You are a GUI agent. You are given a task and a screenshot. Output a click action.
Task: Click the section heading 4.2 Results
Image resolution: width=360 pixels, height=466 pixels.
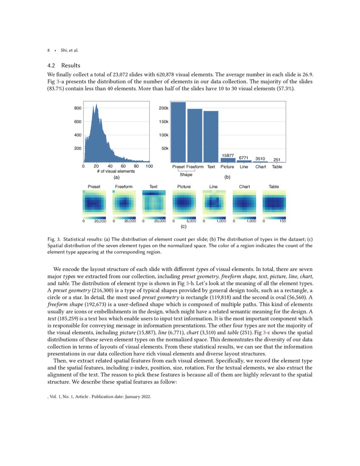tap(64, 66)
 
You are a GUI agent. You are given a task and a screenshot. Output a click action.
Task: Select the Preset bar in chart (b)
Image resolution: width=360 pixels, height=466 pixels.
tap(178, 132)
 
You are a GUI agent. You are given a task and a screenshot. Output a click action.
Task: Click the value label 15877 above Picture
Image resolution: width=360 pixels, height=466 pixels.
tap(227, 155)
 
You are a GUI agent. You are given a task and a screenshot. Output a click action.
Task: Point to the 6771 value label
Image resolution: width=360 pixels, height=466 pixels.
tap(244, 157)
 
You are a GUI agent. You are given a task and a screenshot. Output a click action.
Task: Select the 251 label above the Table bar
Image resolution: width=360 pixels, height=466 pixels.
tap(277, 160)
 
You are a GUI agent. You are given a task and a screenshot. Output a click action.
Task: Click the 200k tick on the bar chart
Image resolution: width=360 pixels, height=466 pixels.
tap(164, 108)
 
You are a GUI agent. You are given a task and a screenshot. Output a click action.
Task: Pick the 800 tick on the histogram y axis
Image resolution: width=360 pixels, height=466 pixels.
tap(78, 108)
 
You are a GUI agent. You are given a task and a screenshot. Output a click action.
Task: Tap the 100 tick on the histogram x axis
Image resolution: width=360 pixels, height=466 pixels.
tap(149, 166)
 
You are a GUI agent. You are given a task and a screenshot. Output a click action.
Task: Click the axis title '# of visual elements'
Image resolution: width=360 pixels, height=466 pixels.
tap(116, 172)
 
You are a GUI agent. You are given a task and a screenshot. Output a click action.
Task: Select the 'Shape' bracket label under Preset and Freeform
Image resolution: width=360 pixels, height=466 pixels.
tap(186, 175)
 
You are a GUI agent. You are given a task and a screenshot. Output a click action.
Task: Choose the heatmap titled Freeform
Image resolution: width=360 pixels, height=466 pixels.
tap(124, 204)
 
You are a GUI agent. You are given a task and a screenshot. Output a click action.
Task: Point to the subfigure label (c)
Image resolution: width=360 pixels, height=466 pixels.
tap(184, 227)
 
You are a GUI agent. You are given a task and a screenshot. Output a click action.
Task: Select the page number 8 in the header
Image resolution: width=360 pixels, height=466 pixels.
tap(48, 50)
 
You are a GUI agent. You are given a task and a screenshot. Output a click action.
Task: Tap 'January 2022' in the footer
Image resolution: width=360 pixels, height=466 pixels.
tap(137, 397)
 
